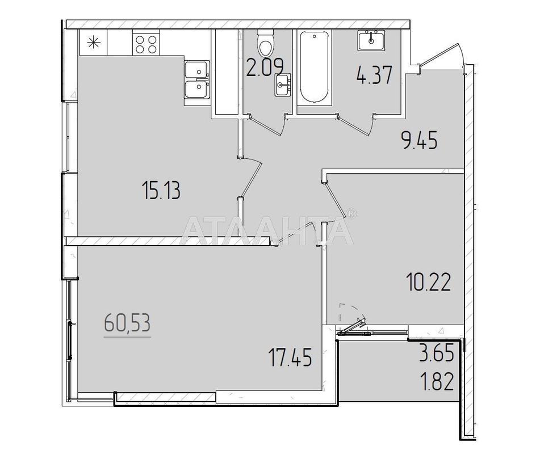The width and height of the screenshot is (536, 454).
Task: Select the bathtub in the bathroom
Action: [x=315, y=67]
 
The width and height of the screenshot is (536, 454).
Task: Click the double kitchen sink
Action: [x=196, y=80]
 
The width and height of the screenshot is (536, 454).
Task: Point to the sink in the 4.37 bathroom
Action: [x=371, y=40]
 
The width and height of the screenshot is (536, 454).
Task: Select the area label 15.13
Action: [x=161, y=191]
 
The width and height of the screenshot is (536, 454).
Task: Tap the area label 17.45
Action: [x=291, y=357]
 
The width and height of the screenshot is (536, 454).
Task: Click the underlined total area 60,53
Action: [x=127, y=323]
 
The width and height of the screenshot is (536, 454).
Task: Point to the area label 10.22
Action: [x=429, y=282]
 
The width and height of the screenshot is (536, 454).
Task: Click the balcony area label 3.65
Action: [x=437, y=352]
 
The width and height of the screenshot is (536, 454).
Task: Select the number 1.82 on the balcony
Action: [x=438, y=381]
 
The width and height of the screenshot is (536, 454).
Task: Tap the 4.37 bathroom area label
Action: [x=374, y=75]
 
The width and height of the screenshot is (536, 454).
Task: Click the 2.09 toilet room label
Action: [x=265, y=68]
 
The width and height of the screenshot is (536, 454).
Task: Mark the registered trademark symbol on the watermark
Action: [x=352, y=213]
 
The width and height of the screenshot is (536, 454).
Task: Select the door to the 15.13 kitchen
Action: [x=251, y=177]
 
